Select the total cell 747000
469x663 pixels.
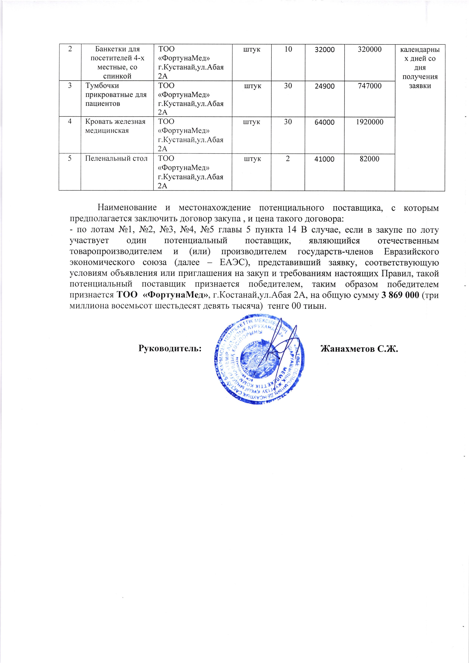coord(369,86)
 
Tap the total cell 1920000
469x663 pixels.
coord(369,122)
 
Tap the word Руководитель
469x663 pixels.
coord(170,349)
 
